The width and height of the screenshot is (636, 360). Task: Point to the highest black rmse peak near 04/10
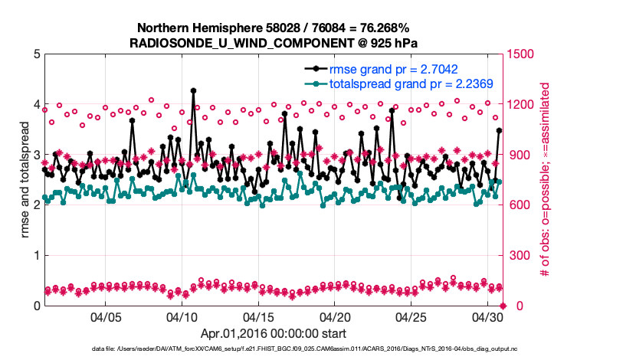tap(193, 90)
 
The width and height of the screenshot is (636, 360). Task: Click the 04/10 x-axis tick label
tap(182, 316)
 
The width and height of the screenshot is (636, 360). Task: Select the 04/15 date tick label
tap(258, 316)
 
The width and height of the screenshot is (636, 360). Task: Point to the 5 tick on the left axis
tap(36, 54)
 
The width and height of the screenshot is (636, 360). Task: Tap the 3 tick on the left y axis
tap(36, 155)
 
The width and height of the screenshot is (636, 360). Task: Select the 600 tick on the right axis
tap(520, 205)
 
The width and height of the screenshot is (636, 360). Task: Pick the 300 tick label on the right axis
tap(520, 256)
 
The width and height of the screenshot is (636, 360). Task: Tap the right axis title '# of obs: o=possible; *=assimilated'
tap(546, 179)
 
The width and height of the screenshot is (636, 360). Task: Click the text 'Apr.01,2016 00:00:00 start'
tap(273, 333)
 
